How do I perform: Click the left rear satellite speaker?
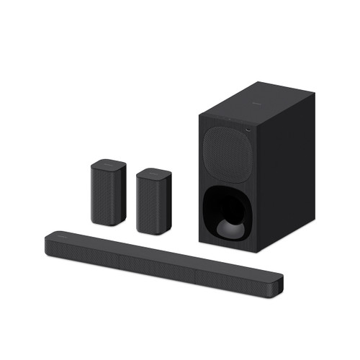tap(109, 192)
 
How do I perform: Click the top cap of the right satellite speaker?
tap(155, 173)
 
